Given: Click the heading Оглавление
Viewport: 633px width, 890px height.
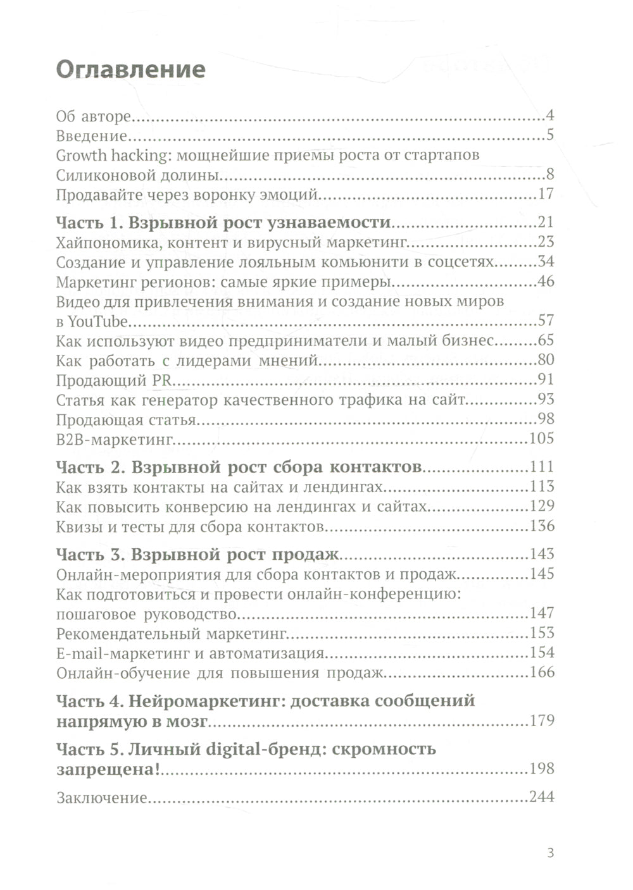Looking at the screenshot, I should pos(130,70).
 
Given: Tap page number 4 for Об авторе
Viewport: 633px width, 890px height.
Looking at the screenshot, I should pos(549,116).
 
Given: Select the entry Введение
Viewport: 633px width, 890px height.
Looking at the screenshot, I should pos(92,135).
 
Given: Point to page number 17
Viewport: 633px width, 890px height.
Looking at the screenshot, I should pos(546,195).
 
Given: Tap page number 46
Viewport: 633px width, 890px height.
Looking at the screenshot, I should pos(545,281).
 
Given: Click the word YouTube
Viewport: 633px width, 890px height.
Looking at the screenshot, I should pos(97,321).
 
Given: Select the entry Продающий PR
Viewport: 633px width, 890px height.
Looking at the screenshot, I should pos(115,380).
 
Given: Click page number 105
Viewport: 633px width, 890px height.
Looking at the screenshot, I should pos(541,439).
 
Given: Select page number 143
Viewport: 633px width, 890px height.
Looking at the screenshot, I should pos(541,554).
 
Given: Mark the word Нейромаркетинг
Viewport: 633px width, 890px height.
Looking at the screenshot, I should pos(204,701).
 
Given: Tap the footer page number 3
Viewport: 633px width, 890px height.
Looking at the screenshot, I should pos(550,853).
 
